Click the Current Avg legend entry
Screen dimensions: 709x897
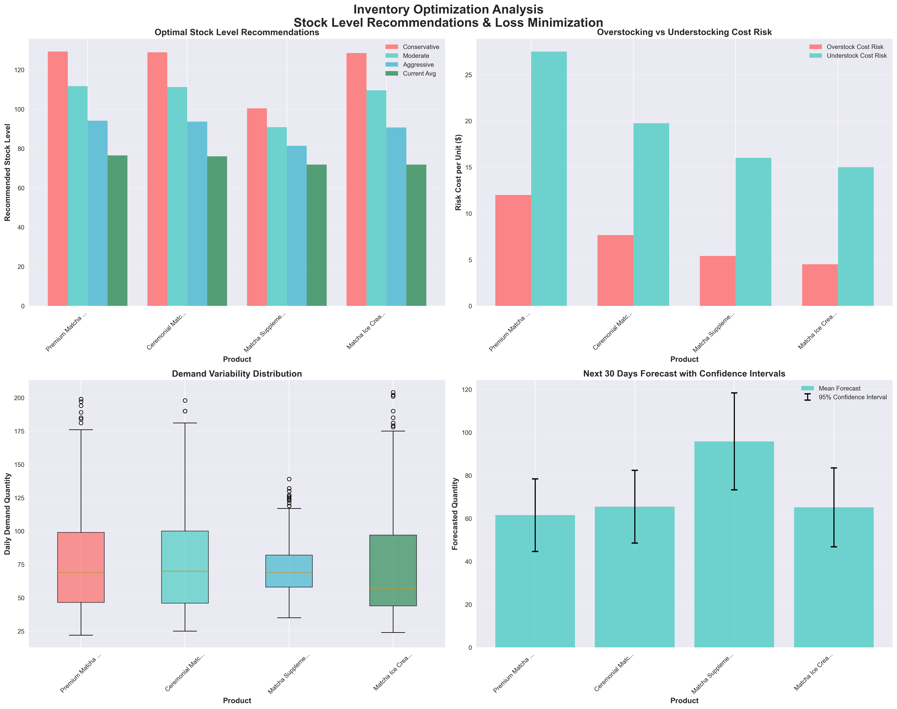(419, 74)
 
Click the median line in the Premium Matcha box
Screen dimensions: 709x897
(81, 572)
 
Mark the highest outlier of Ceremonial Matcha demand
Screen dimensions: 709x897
(185, 401)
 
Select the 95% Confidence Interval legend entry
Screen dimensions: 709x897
(852, 397)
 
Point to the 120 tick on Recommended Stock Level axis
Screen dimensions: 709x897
(20, 70)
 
